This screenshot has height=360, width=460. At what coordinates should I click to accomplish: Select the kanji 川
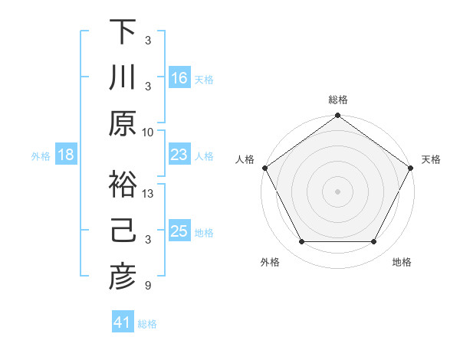123,77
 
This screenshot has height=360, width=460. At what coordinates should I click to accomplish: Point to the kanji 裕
123,185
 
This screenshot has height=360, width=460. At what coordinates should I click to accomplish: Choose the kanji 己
123,231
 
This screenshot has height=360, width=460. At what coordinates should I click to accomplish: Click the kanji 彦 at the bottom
123,277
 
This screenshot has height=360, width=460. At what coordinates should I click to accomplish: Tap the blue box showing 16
179,77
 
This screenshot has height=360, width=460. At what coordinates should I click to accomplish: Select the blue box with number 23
179,155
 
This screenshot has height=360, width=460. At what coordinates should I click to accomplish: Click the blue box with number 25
179,231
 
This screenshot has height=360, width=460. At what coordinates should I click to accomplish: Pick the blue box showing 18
66,155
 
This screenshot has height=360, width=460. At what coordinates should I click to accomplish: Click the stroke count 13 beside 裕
149,194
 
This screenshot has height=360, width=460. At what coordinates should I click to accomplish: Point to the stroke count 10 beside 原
149,132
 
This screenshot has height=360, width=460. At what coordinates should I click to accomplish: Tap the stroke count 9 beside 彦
149,286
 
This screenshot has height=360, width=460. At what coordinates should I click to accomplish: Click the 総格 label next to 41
147,324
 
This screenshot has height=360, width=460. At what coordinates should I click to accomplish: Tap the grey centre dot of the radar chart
337,191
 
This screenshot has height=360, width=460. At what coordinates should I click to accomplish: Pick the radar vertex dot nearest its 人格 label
265,168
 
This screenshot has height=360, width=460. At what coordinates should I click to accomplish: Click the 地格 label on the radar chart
402,262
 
